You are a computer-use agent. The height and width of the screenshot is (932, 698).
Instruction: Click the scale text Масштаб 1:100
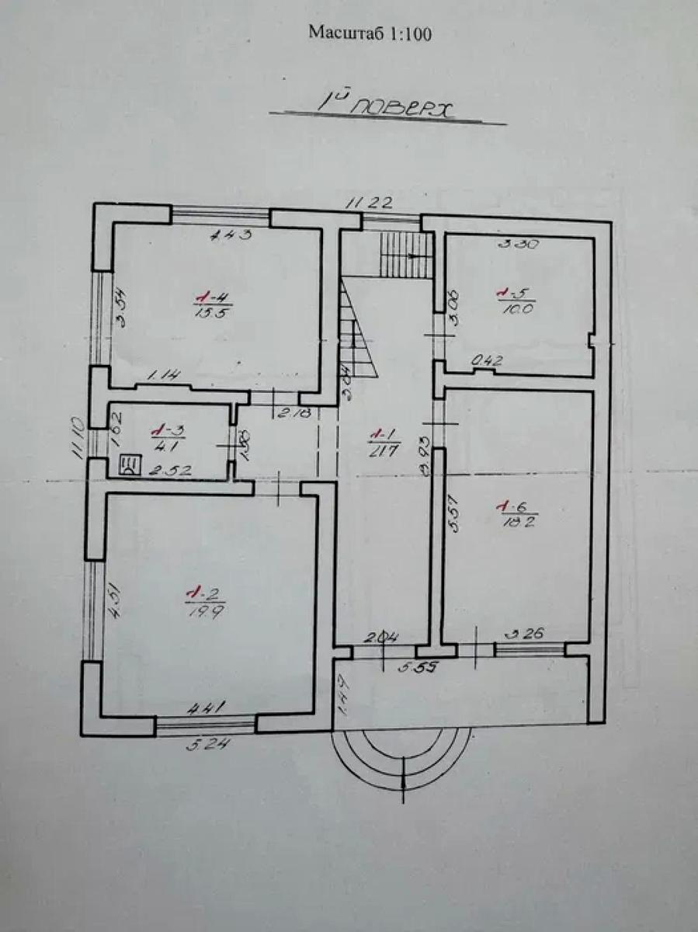coord(370,33)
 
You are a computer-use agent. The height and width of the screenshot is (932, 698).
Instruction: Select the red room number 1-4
coord(205,297)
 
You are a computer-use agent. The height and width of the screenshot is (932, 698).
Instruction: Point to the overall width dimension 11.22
coord(369,203)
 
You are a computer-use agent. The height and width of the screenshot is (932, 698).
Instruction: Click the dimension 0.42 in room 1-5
coord(488,360)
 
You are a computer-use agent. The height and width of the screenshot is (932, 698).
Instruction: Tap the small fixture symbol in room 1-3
coord(129,465)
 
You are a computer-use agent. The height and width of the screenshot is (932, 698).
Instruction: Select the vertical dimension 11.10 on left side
coord(77,439)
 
